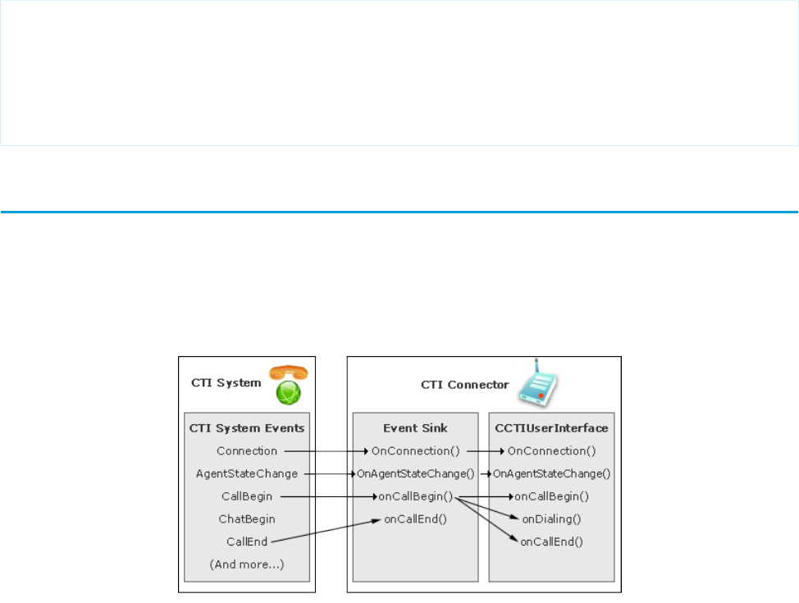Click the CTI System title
pyautogui.click(x=226, y=382)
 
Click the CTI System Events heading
pyautogui.click(x=247, y=427)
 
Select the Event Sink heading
pyautogui.click(x=413, y=427)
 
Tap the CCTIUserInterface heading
pyautogui.click(x=550, y=427)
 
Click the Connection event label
pyautogui.click(x=247, y=450)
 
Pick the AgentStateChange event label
pyautogui.click(x=247, y=473)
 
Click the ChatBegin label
pyautogui.click(x=247, y=518)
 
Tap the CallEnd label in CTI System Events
pyautogui.click(x=247, y=541)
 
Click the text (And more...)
pyautogui.click(x=247, y=564)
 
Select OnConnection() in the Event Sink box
pyautogui.click(x=415, y=450)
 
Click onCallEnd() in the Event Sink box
pyautogui.click(x=415, y=518)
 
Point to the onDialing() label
pyautogui.click(x=551, y=518)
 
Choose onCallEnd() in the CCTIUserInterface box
pyautogui.click(x=551, y=541)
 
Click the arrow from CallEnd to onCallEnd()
pyautogui.click(x=324, y=531)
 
